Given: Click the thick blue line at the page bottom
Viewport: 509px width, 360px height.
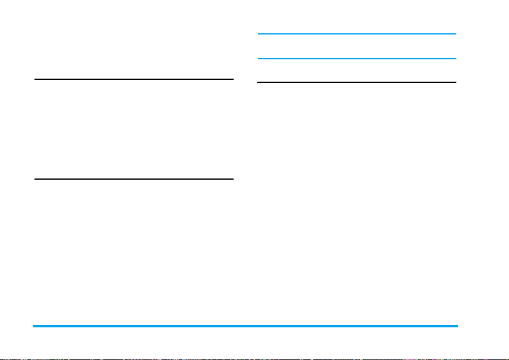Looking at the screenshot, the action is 245,326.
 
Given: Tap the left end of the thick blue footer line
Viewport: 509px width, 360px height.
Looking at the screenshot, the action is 34,326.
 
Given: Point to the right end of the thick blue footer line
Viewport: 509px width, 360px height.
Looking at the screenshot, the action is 457,326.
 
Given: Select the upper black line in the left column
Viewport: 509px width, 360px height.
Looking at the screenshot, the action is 134,79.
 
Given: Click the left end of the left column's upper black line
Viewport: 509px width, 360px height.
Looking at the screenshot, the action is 35,79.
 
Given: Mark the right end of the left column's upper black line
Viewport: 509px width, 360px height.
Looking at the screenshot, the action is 232,79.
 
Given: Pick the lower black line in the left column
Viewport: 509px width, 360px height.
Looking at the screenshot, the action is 134,178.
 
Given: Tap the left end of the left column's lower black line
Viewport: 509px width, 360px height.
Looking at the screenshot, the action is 35,178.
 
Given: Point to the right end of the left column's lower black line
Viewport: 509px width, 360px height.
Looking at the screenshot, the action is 232,178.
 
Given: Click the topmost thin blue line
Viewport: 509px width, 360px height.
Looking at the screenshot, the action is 356,34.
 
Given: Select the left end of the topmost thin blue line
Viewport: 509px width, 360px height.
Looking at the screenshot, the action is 258,34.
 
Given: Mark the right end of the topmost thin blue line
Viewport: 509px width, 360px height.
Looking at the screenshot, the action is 455,34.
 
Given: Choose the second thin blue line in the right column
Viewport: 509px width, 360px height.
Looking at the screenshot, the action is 356,59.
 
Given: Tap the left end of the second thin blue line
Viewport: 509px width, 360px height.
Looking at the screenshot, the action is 258,59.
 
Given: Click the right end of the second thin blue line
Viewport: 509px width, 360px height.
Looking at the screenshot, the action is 455,59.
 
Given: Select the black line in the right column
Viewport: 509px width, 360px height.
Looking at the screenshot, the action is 356,82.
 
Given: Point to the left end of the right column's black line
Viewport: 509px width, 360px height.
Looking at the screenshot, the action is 258,82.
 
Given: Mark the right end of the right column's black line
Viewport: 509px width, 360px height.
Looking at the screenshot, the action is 455,82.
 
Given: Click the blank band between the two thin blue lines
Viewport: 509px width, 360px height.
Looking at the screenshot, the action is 356,47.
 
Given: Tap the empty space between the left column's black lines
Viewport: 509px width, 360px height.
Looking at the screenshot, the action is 134,128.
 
